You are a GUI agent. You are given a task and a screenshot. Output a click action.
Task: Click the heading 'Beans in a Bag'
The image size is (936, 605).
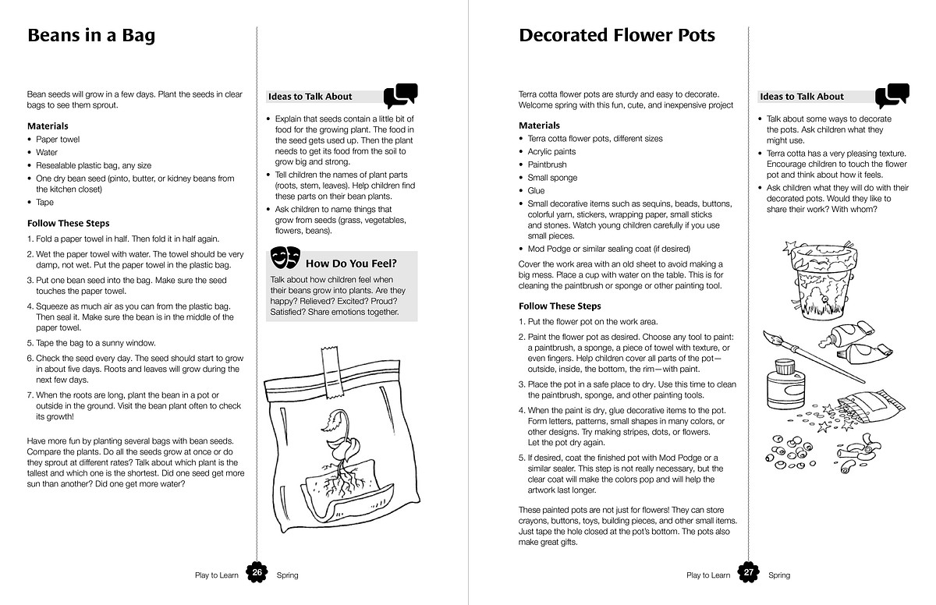[91, 36]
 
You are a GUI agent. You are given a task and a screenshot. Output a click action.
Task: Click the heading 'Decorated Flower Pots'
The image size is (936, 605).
[616, 36]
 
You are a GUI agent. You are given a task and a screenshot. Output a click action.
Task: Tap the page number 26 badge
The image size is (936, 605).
[257, 573]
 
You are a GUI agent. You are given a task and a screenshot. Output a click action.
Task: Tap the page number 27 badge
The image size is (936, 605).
[749, 573]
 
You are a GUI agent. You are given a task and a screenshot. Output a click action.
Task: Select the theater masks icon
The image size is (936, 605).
[285, 257]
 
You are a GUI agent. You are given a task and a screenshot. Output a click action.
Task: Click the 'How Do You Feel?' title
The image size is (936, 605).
[351, 263]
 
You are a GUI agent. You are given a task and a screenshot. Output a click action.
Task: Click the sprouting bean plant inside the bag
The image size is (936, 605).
[331, 452]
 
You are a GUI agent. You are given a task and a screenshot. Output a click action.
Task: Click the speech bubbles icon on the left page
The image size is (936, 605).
[401, 95]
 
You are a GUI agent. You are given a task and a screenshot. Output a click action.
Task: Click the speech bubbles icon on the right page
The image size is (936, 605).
[892, 95]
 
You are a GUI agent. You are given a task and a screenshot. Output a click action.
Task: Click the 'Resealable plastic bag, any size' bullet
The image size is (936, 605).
[94, 165]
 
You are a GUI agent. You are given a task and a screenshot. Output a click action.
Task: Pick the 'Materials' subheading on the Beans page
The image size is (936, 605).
[48, 126]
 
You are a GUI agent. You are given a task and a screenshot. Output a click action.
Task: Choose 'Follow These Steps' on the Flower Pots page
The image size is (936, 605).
[559, 306]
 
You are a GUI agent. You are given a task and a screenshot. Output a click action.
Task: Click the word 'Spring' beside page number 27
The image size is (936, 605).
[778, 575]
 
